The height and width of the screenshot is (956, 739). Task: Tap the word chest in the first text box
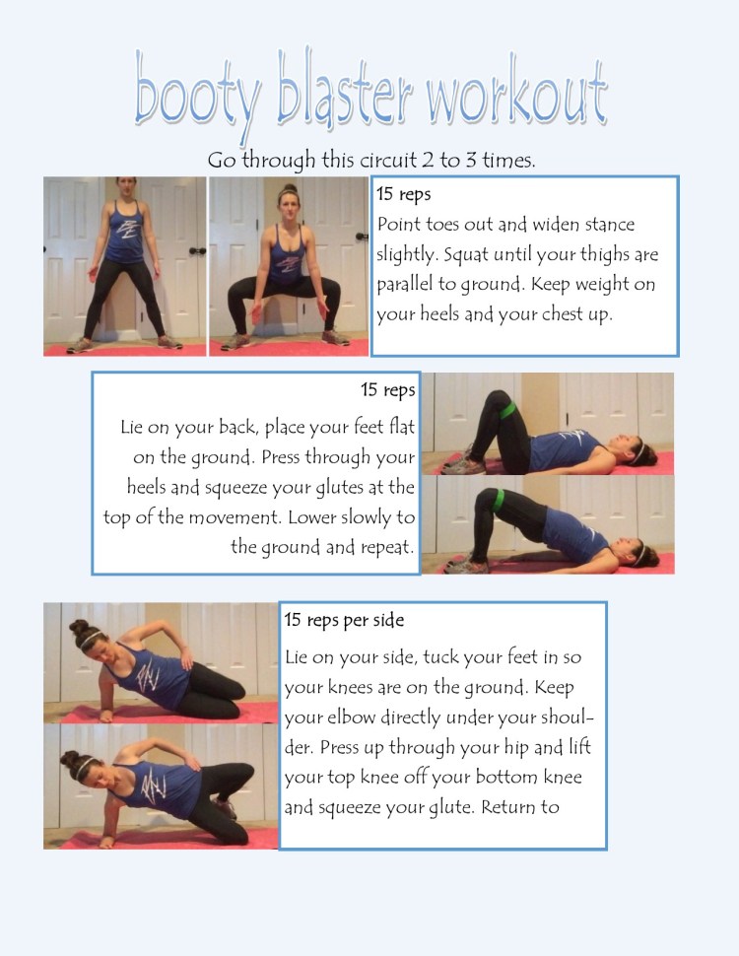point(569,315)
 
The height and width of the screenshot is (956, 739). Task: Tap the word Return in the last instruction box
point(504,807)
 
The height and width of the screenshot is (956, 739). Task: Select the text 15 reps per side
point(344,621)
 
